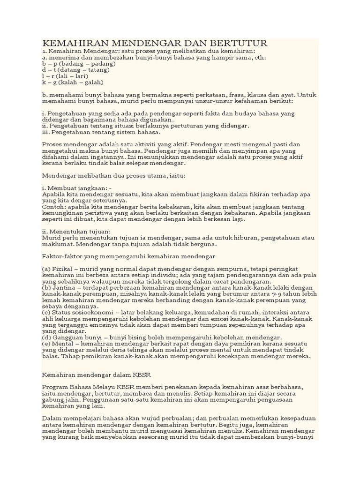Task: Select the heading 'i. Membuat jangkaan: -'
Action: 77,188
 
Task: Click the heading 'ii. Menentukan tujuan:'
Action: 76,232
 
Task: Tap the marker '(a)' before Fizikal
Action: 47,269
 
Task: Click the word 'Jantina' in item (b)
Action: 64,287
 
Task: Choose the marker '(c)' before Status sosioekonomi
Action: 46,312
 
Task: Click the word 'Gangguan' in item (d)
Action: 68,337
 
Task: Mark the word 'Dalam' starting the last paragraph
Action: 52,418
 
